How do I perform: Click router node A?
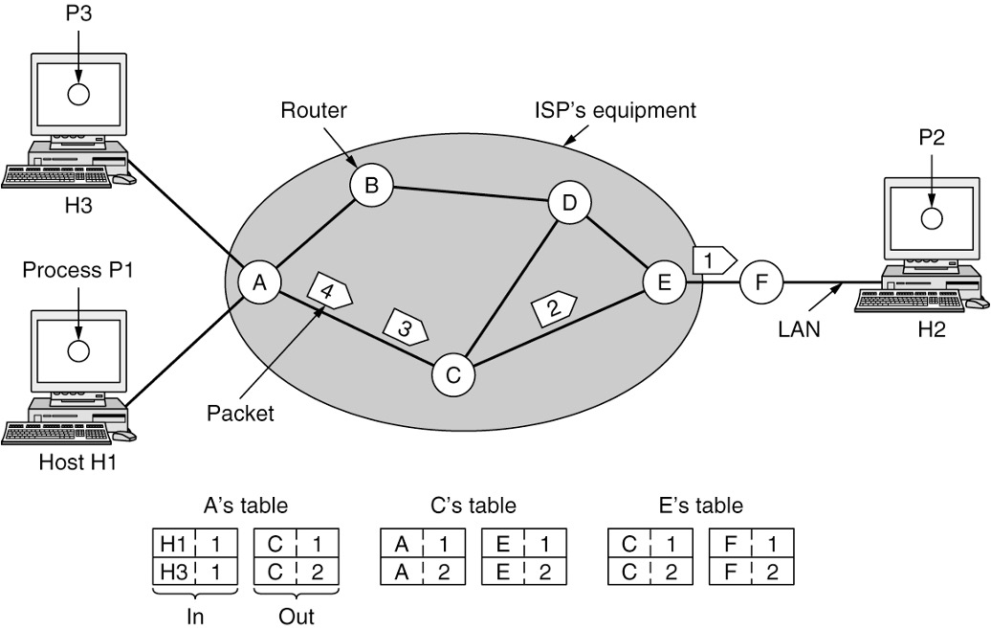(258, 283)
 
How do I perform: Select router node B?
(371, 186)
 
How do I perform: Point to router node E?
(663, 282)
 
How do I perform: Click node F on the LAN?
(762, 282)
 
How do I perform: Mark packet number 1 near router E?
(714, 259)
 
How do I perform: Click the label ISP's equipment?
(615, 110)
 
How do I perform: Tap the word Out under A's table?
(296, 617)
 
